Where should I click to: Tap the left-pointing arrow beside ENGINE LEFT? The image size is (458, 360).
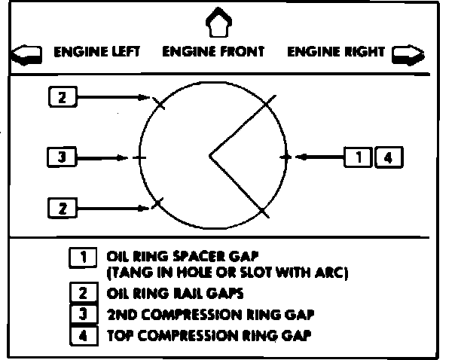coord(27,54)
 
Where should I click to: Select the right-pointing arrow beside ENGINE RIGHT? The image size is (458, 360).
coord(408,54)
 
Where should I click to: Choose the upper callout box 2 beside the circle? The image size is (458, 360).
coord(63,96)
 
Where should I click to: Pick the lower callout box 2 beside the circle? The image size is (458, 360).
coord(63,206)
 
